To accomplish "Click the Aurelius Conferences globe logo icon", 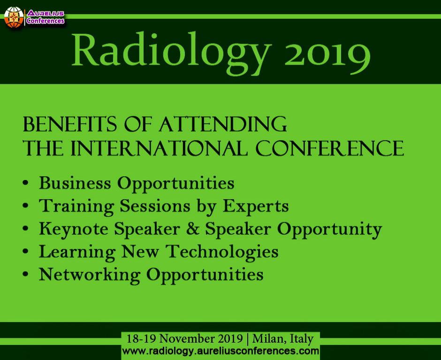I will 14,16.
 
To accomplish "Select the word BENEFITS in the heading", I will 70,125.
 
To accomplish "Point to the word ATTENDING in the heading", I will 222,125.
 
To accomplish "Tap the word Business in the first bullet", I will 76,183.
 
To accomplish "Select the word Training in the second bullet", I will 76,206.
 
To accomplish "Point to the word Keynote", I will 73,229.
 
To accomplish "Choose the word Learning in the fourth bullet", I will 76,252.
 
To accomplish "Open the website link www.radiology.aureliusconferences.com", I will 220,351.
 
